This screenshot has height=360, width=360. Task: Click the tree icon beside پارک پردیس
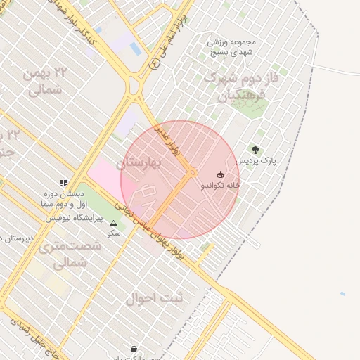click(255, 150)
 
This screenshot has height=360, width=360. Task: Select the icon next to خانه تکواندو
click(221, 174)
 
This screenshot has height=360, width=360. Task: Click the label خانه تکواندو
click(221, 185)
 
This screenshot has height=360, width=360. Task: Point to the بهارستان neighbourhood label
click(140, 162)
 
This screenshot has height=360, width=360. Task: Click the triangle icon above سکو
click(113, 223)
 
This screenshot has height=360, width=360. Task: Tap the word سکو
click(114, 233)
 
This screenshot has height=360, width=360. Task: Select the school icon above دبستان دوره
click(63, 182)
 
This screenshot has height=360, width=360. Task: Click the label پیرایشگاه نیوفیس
click(75, 218)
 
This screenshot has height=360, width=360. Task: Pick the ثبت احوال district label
click(154, 298)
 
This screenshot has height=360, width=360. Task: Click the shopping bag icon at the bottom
click(134, 349)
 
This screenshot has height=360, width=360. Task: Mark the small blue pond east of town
click(342, 293)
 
